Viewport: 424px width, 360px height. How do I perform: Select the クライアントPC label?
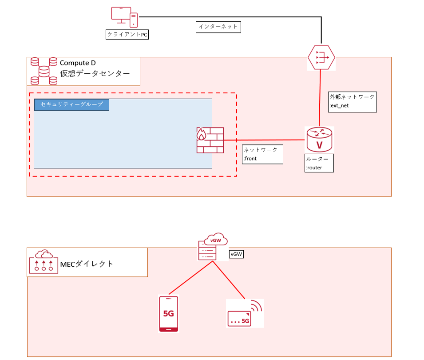127,35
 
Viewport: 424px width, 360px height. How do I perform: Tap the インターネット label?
218,27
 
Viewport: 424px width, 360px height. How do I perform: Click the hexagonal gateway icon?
321,57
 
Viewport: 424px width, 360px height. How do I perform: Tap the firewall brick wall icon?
210,140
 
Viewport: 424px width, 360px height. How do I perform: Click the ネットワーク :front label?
262,154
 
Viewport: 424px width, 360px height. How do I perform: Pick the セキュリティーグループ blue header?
71,104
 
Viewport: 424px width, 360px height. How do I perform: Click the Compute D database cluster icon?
44,71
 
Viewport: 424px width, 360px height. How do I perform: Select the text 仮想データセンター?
95,73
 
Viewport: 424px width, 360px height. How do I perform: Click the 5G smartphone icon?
169,314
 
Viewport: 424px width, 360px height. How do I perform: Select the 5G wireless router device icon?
245,313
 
